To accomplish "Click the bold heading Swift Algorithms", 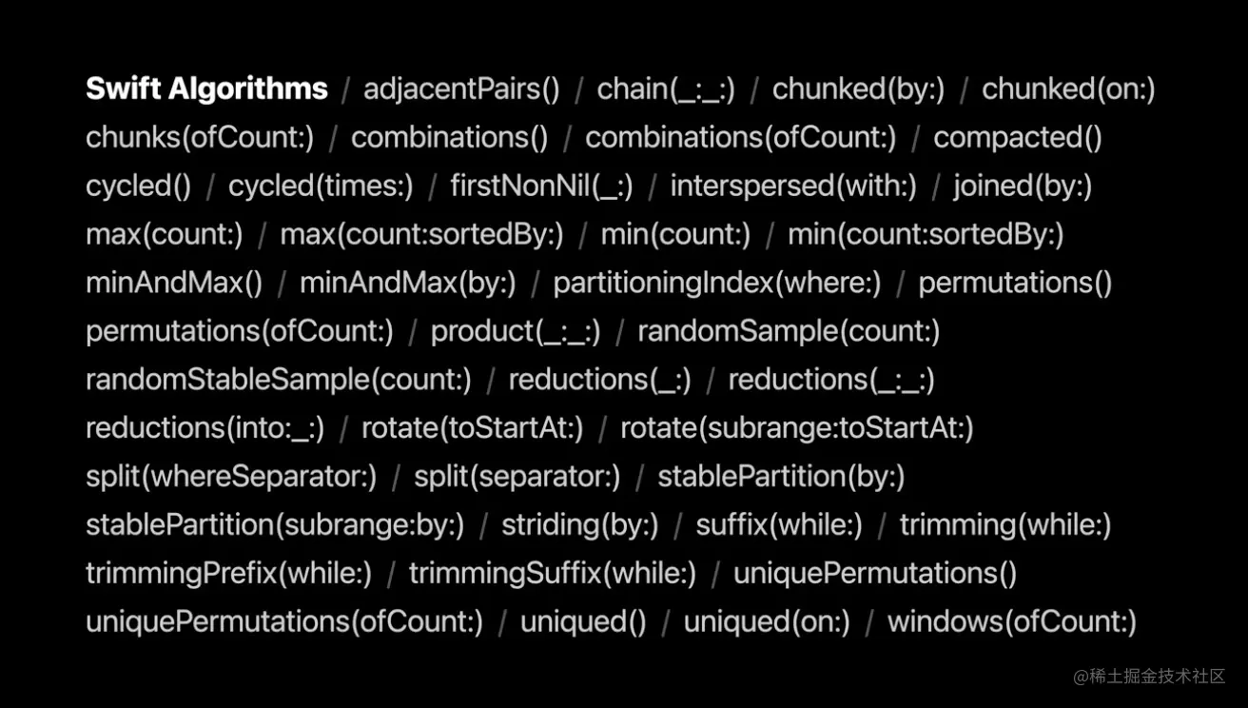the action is [x=206, y=89].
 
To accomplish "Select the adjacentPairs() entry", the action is [x=461, y=89].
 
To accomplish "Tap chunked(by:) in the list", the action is [x=858, y=89].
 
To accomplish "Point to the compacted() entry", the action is [x=1017, y=138].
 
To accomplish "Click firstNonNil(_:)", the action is [x=541, y=187].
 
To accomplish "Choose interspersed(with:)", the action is [x=793, y=187].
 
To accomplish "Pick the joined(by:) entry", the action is [x=1023, y=187].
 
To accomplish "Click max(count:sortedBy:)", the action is [x=421, y=235].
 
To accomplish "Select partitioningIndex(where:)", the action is [x=716, y=284].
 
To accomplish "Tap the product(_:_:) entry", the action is [x=516, y=332].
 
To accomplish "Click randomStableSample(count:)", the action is [x=278, y=381].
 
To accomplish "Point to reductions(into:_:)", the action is [x=205, y=429].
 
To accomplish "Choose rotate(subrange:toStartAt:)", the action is [x=796, y=429].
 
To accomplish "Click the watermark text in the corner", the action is [x=1148, y=677].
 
